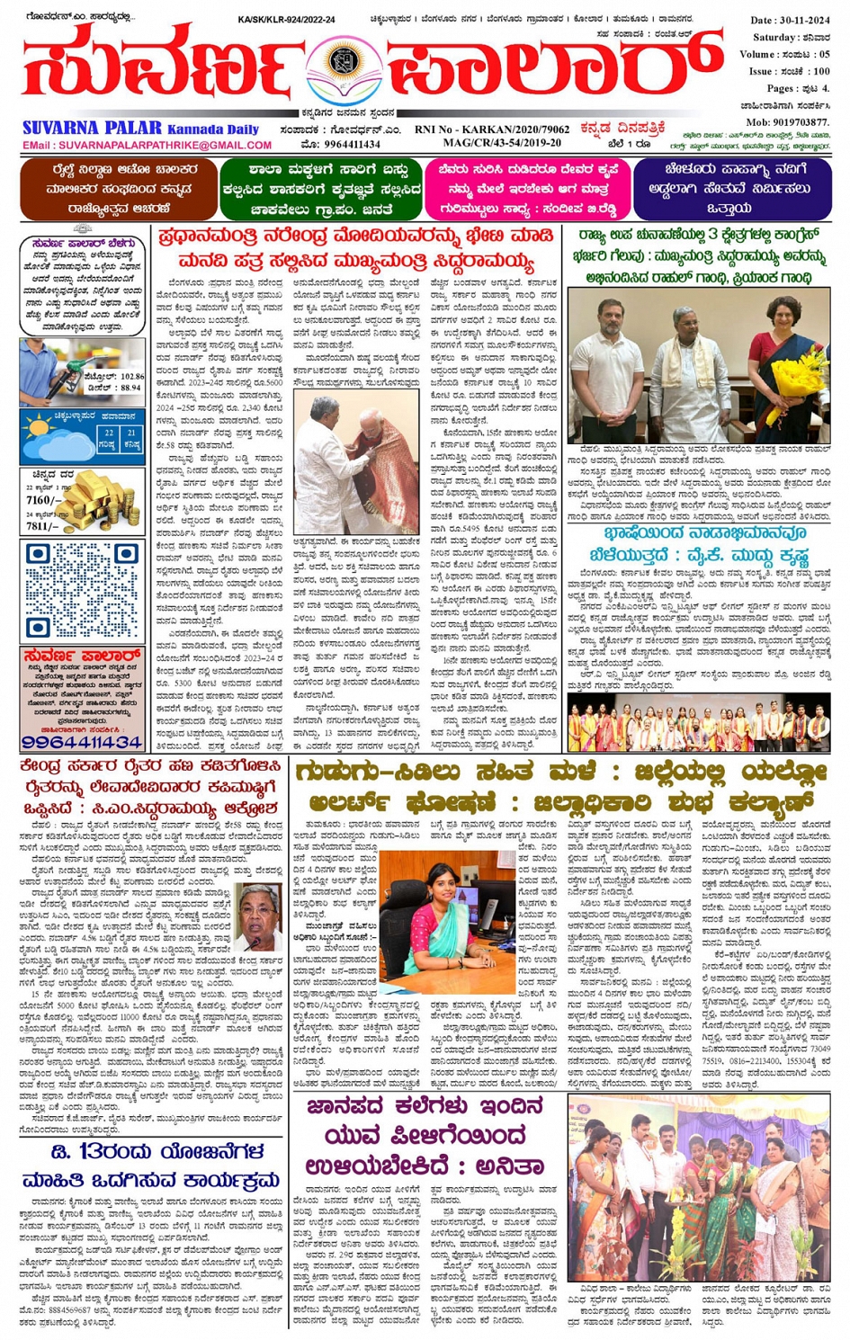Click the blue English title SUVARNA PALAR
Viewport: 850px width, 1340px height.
92,129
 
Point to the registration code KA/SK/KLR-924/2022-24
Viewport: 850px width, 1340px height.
286,19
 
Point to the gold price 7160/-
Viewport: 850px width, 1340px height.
44,500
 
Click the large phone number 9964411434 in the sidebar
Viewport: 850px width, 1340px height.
82,743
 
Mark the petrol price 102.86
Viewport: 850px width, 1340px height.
125,378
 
